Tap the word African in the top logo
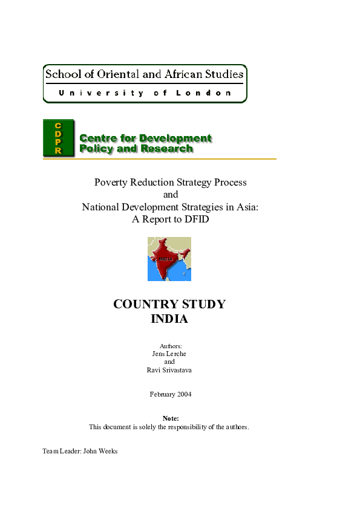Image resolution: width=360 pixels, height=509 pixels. (183, 74)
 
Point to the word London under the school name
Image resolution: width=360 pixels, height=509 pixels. (203, 93)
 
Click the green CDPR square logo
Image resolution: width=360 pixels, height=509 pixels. (58, 138)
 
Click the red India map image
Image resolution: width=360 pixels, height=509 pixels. (169, 259)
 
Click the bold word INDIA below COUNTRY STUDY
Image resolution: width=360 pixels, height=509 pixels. (169, 319)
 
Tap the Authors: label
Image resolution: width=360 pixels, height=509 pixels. (170, 346)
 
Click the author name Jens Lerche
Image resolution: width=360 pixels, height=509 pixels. (169, 353)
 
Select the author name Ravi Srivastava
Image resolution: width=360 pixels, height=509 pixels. (169, 370)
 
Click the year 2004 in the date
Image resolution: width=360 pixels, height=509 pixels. (184, 394)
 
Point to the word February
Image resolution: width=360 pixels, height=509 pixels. (162, 394)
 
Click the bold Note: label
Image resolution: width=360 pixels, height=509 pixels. (170, 418)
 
